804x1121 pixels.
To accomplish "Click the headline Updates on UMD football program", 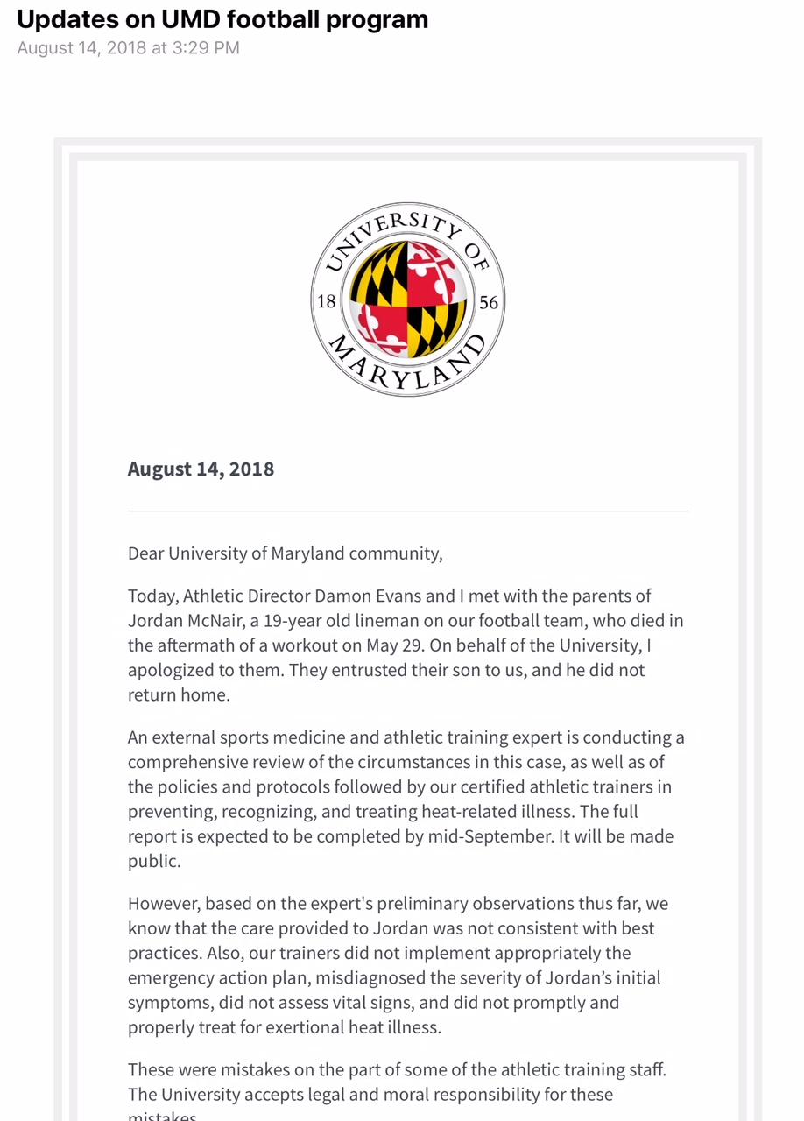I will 222,19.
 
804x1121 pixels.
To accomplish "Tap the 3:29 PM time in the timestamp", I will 205,48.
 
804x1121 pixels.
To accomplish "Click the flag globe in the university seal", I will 408,300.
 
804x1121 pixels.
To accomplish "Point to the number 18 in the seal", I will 327,301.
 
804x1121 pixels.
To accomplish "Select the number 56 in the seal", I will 489,302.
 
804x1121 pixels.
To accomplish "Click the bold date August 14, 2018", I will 201,469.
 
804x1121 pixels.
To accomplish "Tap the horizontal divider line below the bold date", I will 407,511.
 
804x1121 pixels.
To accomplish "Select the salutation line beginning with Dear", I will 285,553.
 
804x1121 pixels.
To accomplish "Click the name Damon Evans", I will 368,596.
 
